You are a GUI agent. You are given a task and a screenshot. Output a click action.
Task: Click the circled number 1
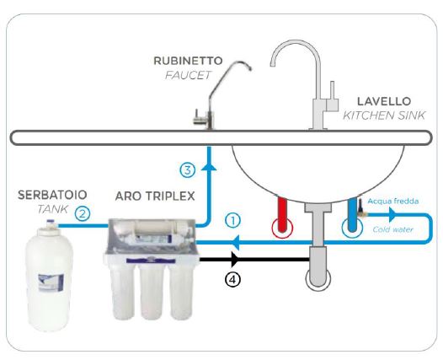pyautogui.click(x=233, y=221)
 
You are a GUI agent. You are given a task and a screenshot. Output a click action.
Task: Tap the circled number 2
pyautogui.click(x=83, y=214)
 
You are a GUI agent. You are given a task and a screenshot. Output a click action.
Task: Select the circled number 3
pyautogui.click(x=188, y=170)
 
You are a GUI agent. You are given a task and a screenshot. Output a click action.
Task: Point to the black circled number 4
pyautogui.click(x=232, y=280)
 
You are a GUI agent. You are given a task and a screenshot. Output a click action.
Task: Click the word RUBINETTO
pyautogui.click(x=188, y=61)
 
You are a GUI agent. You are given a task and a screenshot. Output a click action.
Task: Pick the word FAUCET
pyautogui.click(x=188, y=75)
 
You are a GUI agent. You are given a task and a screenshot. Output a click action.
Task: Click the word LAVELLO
pyautogui.click(x=384, y=101)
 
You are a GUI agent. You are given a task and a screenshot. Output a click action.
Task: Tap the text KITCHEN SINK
pyautogui.click(x=384, y=116)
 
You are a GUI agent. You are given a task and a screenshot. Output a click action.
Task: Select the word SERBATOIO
pyautogui.click(x=52, y=195)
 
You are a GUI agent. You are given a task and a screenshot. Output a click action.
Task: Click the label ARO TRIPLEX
pyautogui.click(x=155, y=196)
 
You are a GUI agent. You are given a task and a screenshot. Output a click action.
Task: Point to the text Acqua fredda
pyautogui.click(x=393, y=201)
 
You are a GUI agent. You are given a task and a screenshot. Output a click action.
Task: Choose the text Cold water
pyautogui.click(x=392, y=229)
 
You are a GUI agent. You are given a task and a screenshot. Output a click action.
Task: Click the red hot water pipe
pyautogui.click(x=282, y=214)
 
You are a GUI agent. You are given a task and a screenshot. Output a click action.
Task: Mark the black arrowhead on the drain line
pyautogui.click(x=235, y=260)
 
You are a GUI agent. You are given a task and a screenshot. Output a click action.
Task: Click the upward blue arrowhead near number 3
pyautogui.click(x=209, y=166)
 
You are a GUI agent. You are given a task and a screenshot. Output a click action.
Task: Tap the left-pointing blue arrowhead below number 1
pyautogui.click(x=236, y=242)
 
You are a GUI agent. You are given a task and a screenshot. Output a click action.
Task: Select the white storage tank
pyautogui.click(x=49, y=276)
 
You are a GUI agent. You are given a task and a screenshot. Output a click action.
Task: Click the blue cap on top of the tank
pyautogui.click(x=51, y=222)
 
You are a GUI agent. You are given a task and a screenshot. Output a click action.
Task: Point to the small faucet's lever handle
pyautogui.click(x=200, y=120)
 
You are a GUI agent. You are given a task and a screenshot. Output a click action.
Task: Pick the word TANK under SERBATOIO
pyautogui.click(x=52, y=209)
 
